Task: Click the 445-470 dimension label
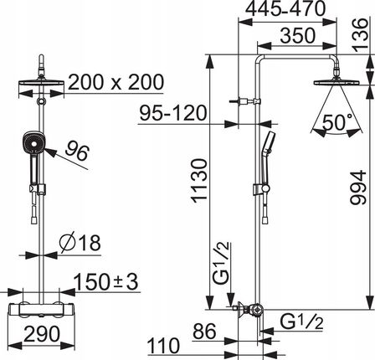pyautogui.click(x=285, y=8)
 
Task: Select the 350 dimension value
pyautogui.click(x=298, y=35)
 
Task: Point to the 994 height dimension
pyautogui.click(x=358, y=188)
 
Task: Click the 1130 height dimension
pyautogui.click(x=200, y=180)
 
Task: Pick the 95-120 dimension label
pyautogui.click(x=173, y=113)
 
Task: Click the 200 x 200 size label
pyautogui.click(x=116, y=82)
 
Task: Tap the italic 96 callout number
pyautogui.click(x=77, y=151)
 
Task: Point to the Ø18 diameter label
pyautogui.click(x=80, y=242)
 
